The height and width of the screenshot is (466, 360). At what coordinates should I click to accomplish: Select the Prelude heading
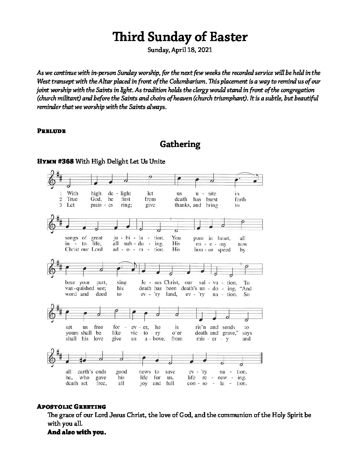pos(51,131)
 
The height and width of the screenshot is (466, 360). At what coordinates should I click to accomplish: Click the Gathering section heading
pos(180,144)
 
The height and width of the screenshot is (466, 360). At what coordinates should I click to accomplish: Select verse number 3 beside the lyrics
pos(61,205)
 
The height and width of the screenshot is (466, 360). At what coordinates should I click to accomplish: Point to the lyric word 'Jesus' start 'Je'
pos(143,283)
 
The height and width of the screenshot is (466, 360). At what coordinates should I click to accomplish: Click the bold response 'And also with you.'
pos(77,432)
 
